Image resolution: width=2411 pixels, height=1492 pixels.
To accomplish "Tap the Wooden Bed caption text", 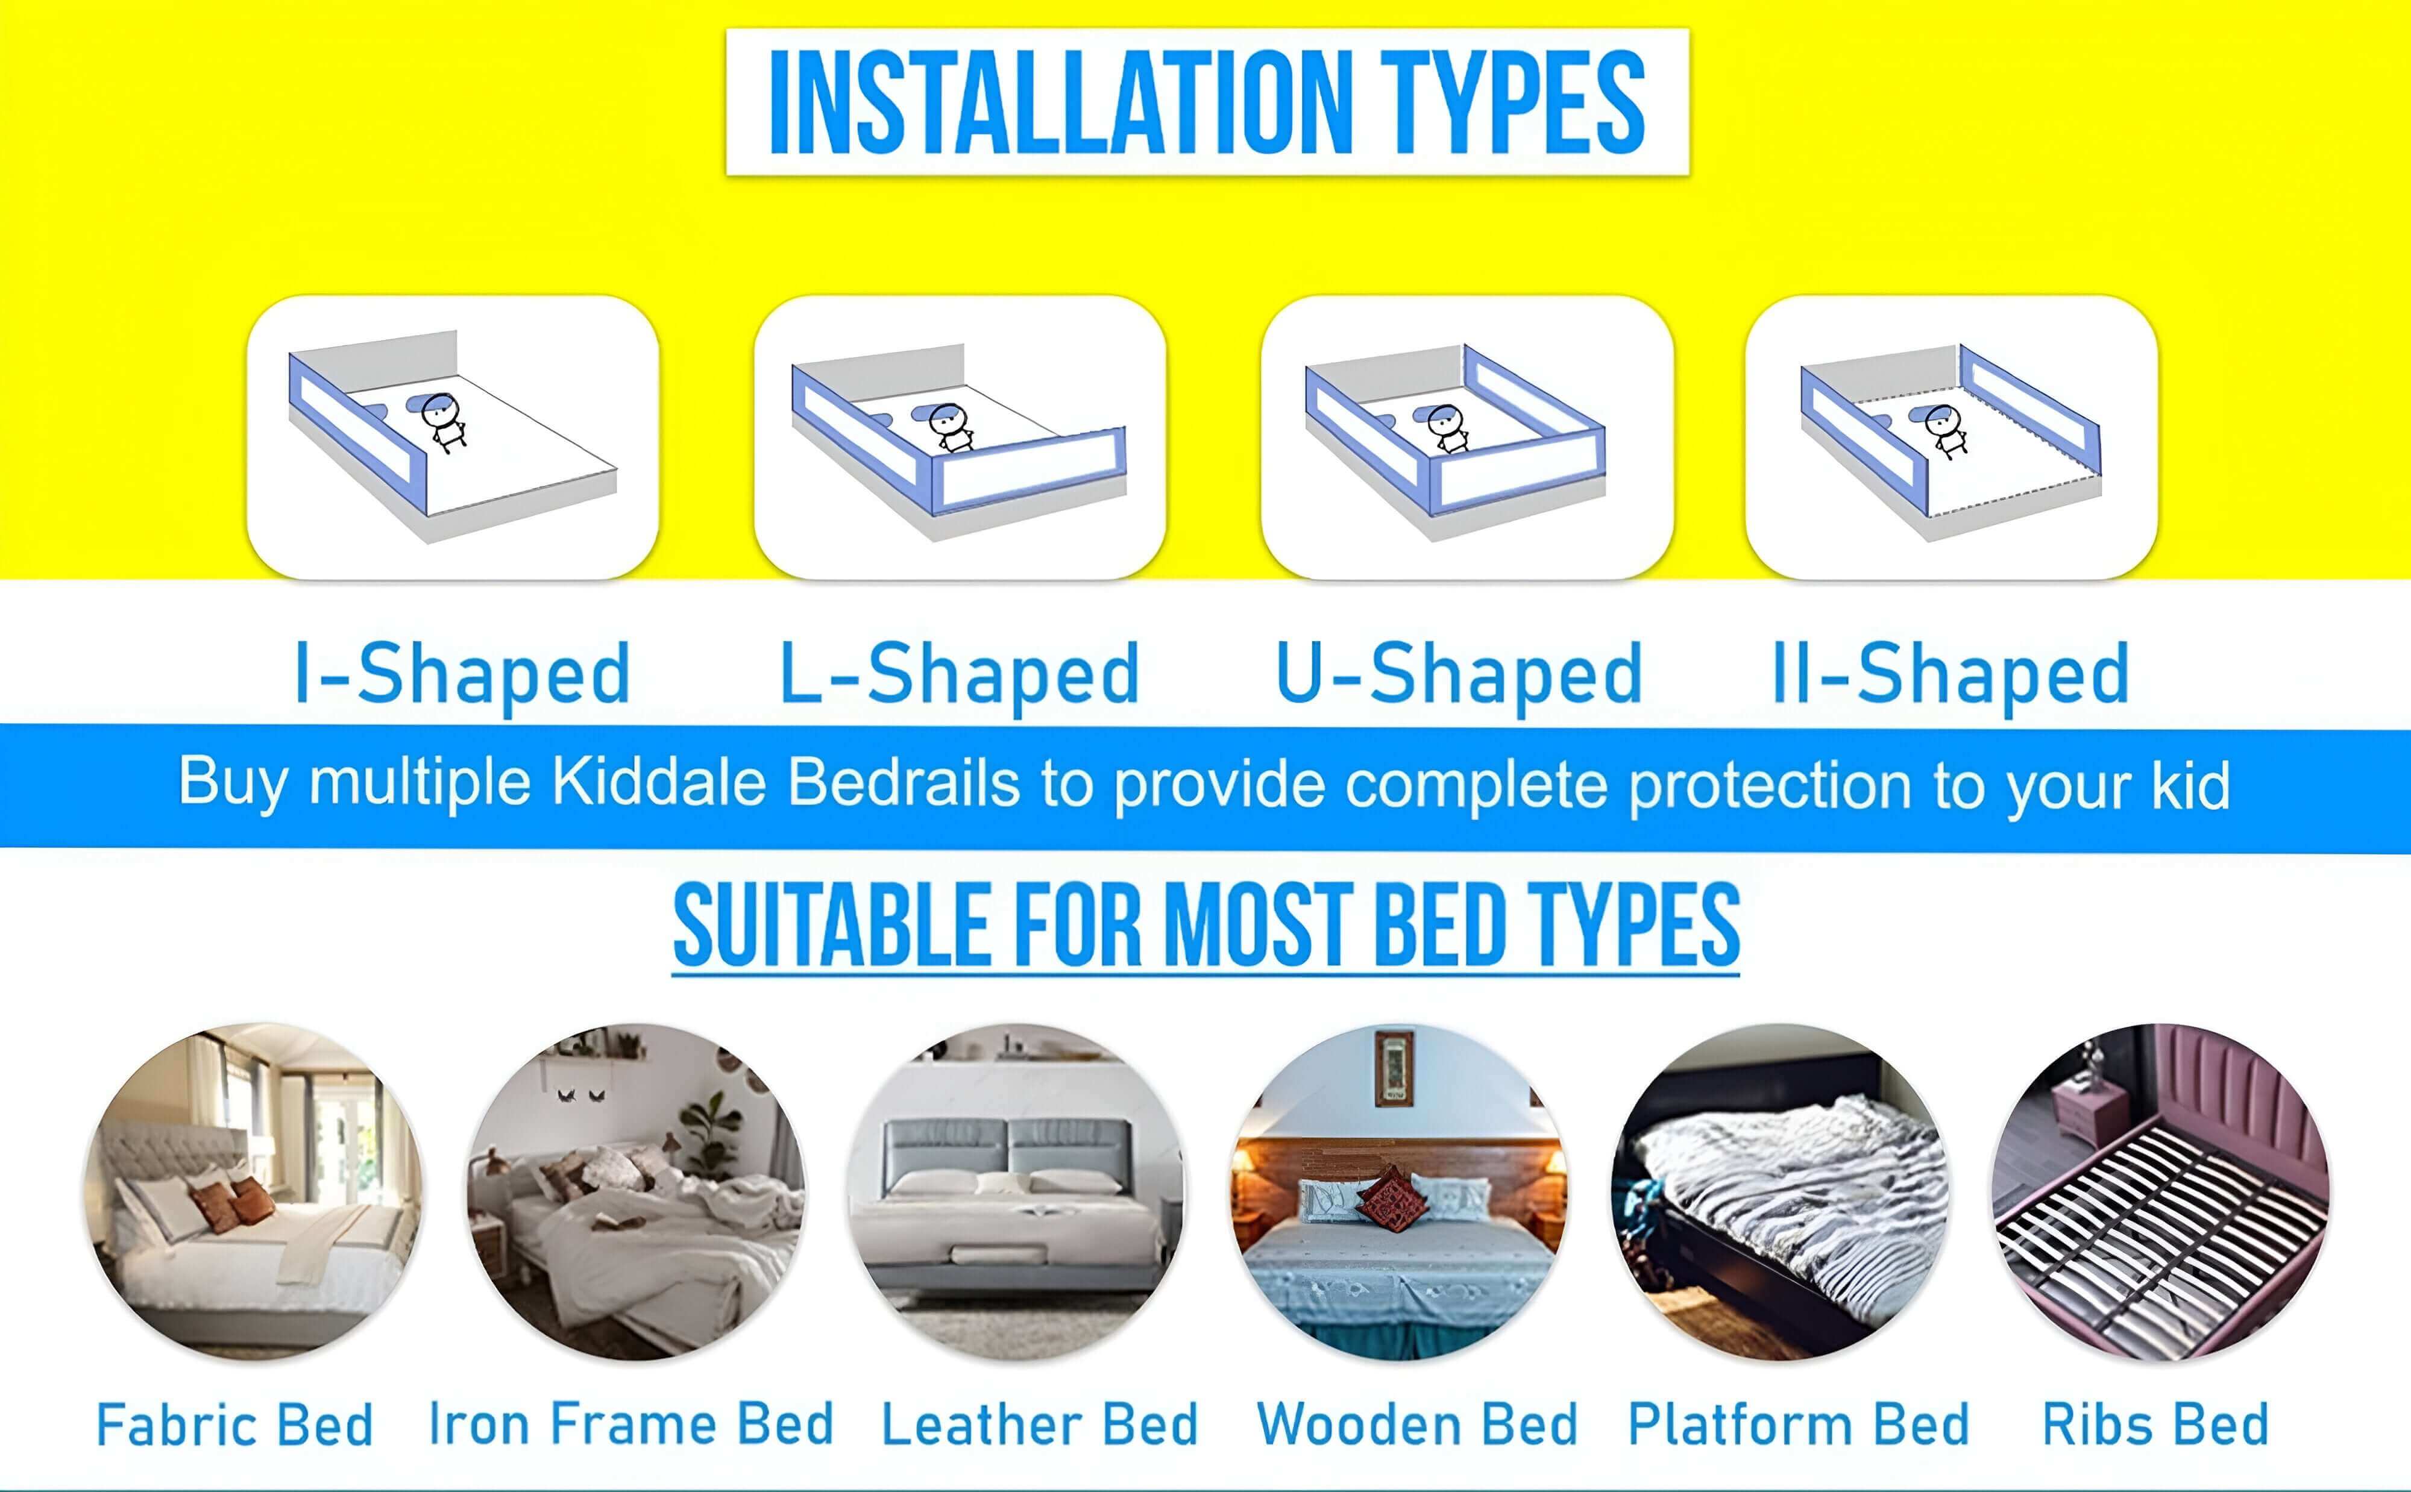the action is coord(1417,1424).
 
